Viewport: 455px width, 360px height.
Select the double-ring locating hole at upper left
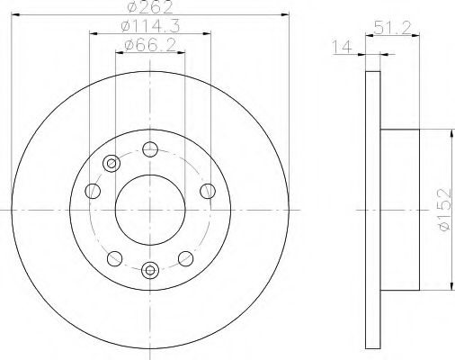point(112,163)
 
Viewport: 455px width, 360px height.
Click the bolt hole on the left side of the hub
point(93,190)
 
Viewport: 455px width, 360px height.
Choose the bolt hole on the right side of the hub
point(208,190)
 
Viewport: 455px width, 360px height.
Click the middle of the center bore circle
point(150,209)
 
